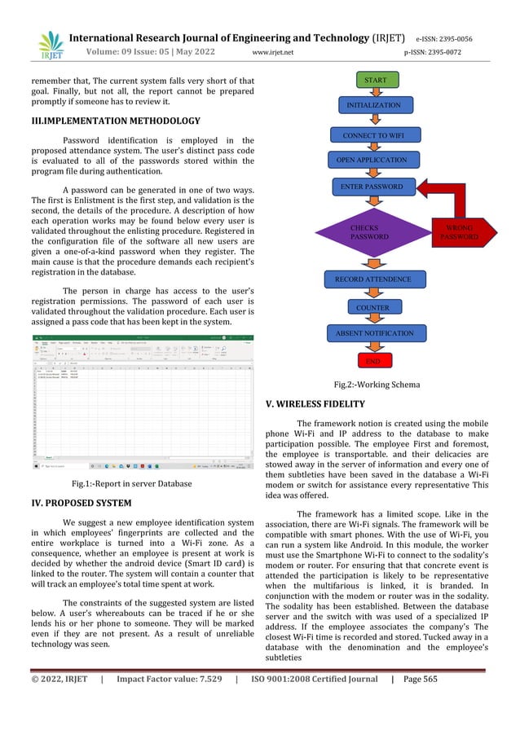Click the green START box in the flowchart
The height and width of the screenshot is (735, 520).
pyautogui.click(x=376, y=81)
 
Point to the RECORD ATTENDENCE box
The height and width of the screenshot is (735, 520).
pyautogui.click(x=375, y=279)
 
